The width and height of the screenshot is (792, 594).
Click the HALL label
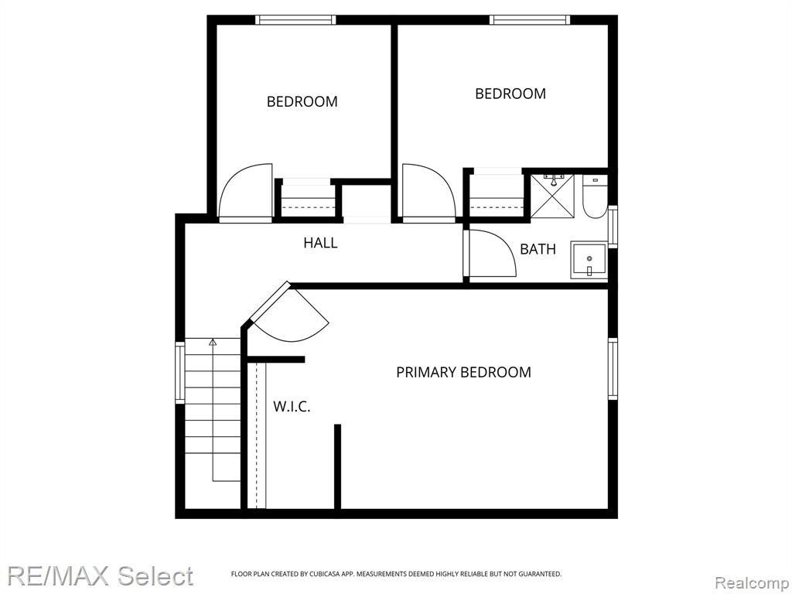tap(320, 243)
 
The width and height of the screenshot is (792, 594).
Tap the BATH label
tap(538, 249)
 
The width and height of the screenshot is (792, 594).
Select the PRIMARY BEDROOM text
tap(463, 372)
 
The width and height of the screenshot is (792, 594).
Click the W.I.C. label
tap(292, 407)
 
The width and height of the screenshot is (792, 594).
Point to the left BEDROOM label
tap(302, 101)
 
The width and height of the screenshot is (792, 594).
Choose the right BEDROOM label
tap(510, 94)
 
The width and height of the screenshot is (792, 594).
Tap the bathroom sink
tap(589, 260)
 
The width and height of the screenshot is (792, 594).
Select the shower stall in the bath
tap(552, 196)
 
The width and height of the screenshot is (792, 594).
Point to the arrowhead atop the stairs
tap(213, 342)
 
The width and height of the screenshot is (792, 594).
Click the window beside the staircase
tap(179, 372)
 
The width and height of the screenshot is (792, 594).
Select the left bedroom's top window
tap(295, 19)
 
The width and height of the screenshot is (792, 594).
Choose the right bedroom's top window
tap(530, 19)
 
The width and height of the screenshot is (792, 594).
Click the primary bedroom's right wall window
tap(613, 369)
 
